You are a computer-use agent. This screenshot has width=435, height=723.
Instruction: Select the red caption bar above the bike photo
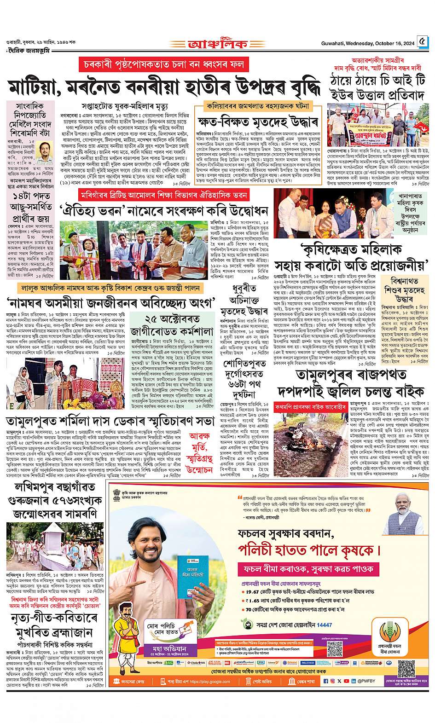click(x=311, y=407)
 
